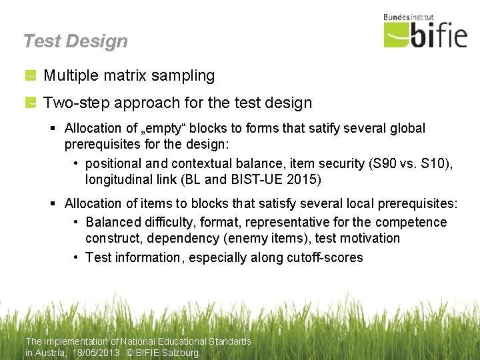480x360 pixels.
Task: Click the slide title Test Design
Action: click(x=75, y=41)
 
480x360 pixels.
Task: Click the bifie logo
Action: click(x=425, y=35)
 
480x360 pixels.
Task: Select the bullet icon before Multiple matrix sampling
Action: click(x=31, y=76)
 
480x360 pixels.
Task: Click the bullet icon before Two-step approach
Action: click(x=31, y=103)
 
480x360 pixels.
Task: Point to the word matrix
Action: click(x=126, y=76)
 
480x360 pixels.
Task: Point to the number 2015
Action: click(x=302, y=179)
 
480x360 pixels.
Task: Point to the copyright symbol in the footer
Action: click(x=129, y=353)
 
